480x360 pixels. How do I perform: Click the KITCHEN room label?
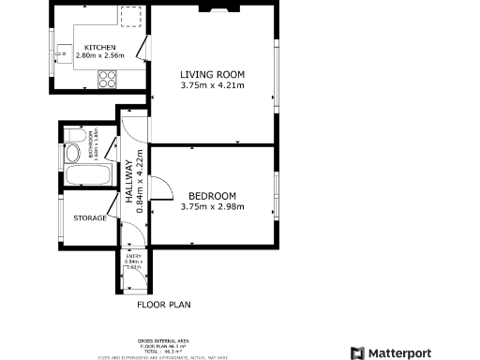click(x=99, y=48)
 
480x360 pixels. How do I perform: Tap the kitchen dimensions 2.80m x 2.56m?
click(x=99, y=56)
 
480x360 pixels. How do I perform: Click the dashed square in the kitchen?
click(x=131, y=15)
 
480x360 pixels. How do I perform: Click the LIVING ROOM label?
click(x=212, y=75)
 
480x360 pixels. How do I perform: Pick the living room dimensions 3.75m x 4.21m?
click(x=212, y=86)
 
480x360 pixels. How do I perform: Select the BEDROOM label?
click(x=212, y=196)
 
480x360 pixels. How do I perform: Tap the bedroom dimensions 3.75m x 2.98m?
click(x=212, y=207)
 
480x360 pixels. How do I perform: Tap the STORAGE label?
click(x=90, y=219)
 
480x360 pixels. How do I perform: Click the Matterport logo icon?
click(x=357, y=352)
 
